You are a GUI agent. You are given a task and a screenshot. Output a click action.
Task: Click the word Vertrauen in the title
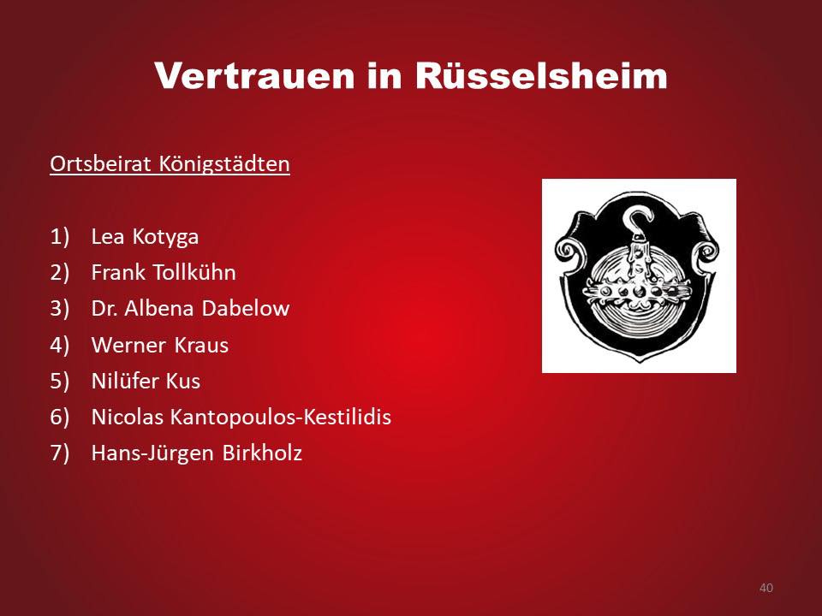pyautogui.click(x=253, y=76)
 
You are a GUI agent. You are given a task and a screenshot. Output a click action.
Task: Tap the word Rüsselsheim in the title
pyautogui.click(x=541, y=76)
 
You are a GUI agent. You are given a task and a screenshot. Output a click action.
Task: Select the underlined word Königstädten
pyautogui.click(x=223, y=164)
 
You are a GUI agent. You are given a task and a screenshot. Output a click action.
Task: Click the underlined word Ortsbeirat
pyautogui.click(x=101, y=164)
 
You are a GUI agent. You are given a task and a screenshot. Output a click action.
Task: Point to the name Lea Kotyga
pyautogui.click(x=145, y=237)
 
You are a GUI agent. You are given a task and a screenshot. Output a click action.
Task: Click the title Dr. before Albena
pyautogui.click(x=104, y=309)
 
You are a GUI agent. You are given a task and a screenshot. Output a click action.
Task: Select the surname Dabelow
pyautogui.click(x=246, y=309)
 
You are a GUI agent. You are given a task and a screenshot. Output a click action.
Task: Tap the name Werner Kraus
pyautogui.click(x=160, y=345)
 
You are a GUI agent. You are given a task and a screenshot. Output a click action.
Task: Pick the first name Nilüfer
pyautogui.click(x=126, y=381)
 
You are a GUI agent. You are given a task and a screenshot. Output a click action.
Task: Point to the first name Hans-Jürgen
pyautogui.click(x=153, y=453)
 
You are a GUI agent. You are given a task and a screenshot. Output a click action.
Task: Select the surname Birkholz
pyautogui.click(x=262, y=453)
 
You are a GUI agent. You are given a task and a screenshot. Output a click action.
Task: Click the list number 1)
pyautogui.click(x=60, y=237)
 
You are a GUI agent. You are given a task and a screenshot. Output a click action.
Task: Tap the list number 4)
pyautogui.click(x=60, y=345)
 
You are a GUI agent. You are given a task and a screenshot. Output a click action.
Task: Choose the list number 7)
pyautogui.click(x=60, y=453)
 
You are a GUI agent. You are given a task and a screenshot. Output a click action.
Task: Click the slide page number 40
pyautogui.click(x=765, y=588)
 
